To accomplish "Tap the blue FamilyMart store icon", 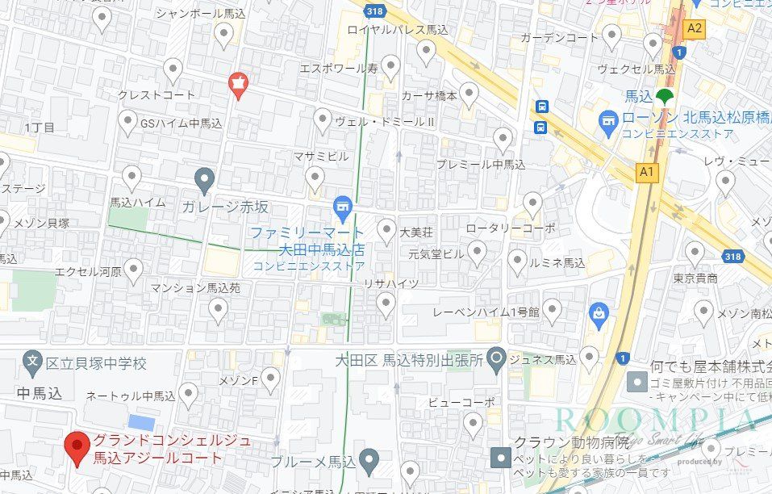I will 342,208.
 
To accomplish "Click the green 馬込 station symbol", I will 664,97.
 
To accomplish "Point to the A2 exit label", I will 695,28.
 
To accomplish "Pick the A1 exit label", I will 645,172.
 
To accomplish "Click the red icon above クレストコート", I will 238,82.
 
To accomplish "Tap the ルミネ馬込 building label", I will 557,263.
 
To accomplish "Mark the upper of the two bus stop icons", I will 541,107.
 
